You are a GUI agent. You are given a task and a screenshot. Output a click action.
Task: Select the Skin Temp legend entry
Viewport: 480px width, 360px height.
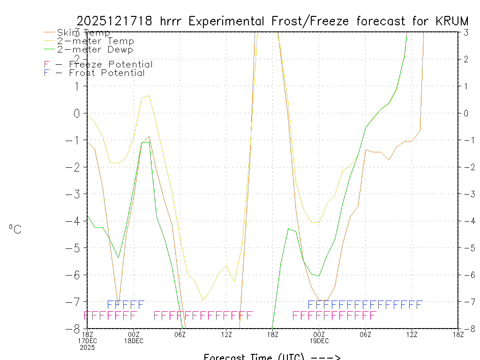pos(83,33)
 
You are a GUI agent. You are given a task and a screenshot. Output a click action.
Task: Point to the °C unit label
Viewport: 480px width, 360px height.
pos(15,229)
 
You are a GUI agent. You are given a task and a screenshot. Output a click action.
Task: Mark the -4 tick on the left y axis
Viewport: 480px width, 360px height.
pos(76,221)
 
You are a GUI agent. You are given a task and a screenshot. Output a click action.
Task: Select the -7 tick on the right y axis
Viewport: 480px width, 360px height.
pos(465,301)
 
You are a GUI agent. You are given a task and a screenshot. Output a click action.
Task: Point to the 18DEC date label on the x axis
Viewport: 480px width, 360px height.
pos(134,341)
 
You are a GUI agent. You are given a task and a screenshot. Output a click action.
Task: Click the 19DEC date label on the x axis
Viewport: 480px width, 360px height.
pos(319,341)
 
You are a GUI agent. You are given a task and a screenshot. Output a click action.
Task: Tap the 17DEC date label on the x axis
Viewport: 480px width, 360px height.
pos(88,341)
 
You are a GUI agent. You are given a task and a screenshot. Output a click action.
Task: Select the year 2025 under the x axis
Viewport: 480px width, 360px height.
pos(88,347)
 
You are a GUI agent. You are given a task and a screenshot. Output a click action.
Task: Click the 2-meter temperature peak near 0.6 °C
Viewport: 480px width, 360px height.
pos(149,96)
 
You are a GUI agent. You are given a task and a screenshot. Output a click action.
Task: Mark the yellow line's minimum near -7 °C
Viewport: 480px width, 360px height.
pos(202,300)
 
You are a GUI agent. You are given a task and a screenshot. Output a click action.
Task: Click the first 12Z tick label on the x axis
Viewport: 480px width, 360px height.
pos(226,334)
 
